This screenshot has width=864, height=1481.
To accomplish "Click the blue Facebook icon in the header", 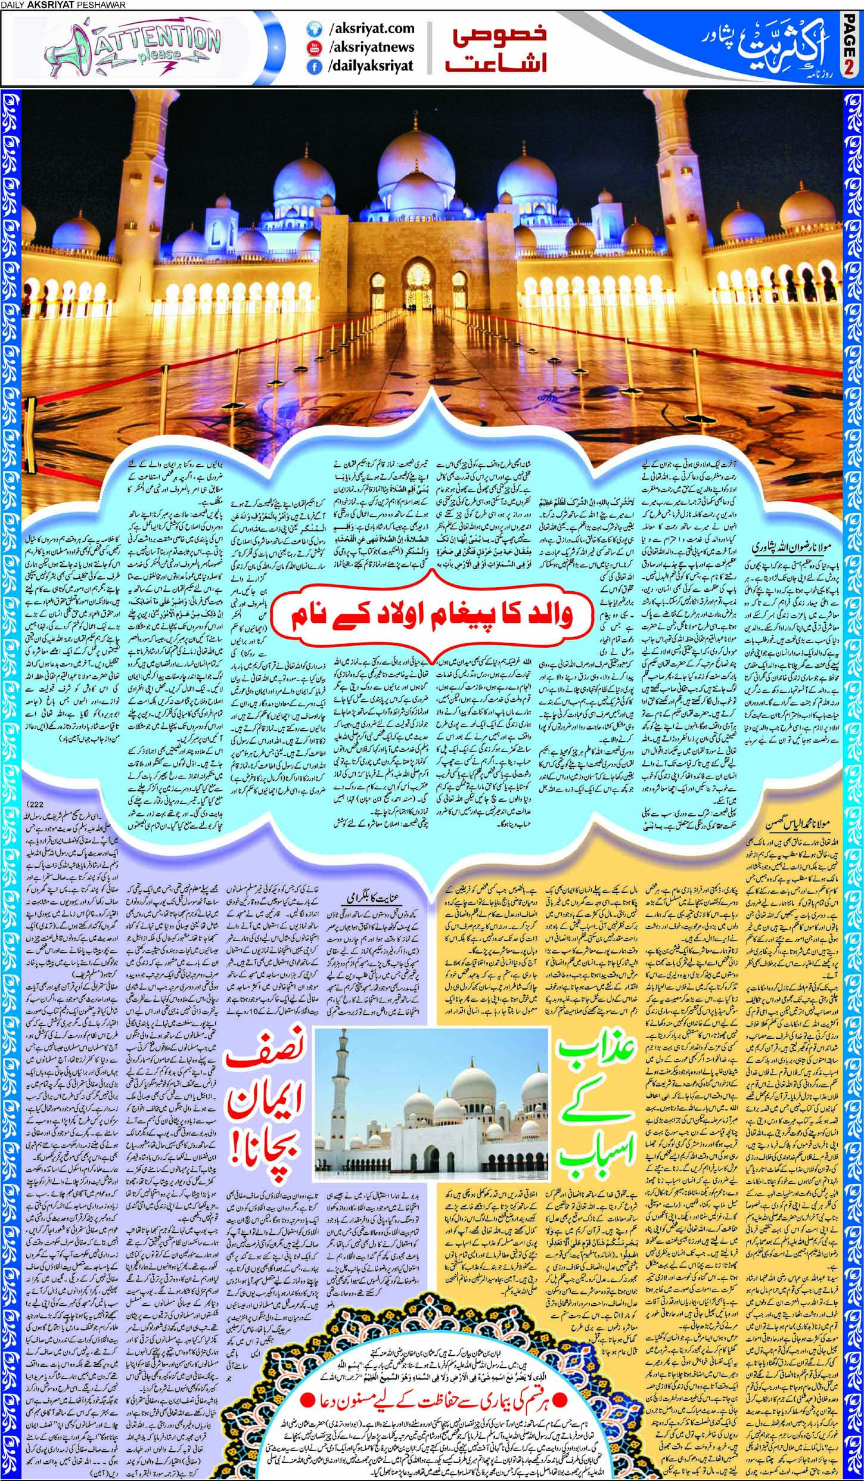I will (x=312, y=67).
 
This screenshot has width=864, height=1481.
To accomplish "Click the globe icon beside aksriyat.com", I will (x=312, y=29).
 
